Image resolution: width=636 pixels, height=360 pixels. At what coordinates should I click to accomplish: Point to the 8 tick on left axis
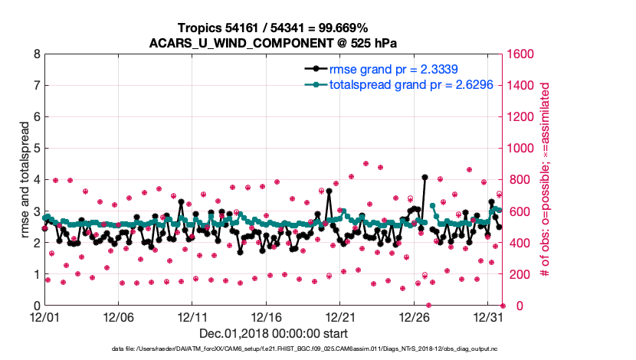36,54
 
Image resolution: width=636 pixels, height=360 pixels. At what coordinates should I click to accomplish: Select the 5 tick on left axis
36,149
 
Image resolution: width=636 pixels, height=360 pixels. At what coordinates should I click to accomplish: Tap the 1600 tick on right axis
520,54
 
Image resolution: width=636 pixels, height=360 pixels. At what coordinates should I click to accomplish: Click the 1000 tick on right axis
520,149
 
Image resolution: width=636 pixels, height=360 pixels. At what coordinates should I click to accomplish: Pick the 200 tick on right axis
517,274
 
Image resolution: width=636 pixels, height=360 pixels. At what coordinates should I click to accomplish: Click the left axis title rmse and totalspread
25,180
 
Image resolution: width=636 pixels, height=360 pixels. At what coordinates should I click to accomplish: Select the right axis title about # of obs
546,180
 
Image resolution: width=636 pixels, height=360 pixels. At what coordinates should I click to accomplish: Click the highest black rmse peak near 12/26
425,177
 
